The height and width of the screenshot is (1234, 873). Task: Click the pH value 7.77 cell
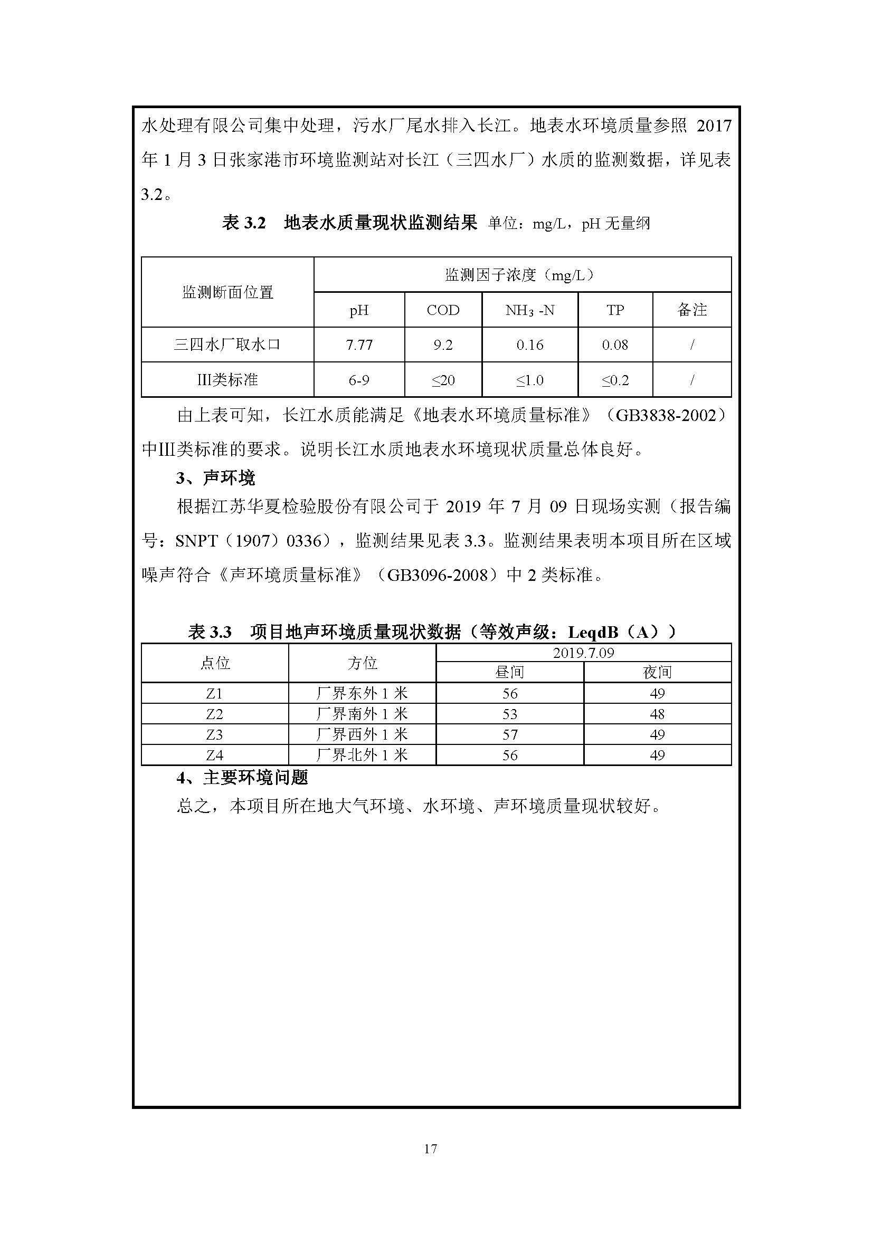(x=359, y=345)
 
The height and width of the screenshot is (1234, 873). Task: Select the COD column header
(x=443, y=310)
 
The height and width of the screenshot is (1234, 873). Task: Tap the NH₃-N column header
(x=529, y=310)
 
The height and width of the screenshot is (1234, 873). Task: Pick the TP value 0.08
(x=615, y=345)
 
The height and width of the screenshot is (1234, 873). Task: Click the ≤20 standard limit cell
(x=443, y=380)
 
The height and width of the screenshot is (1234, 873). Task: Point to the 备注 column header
(x=692, y=310)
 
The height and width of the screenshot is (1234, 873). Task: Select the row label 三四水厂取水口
(x=227, y=345)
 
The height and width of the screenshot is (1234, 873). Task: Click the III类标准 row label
(x=227, y=380)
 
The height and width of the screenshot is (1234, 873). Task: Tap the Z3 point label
(x=214, y=735)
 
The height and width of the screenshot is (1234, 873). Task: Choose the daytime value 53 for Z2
(x=510, y=714)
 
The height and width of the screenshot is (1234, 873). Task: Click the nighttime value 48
(x=657, y=714)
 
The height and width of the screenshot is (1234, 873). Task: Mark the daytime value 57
(x=510, y=735)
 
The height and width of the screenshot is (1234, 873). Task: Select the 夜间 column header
(x=657, y=672)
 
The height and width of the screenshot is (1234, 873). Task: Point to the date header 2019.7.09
(x=583, y=653)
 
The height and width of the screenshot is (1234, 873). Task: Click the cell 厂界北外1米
(x=362, y=755)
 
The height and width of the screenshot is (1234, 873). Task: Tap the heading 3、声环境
(x=215, y=477)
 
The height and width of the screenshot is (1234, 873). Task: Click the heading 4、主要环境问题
(x=242, y=778)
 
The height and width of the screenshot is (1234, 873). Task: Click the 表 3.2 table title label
(x=243, y=223)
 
